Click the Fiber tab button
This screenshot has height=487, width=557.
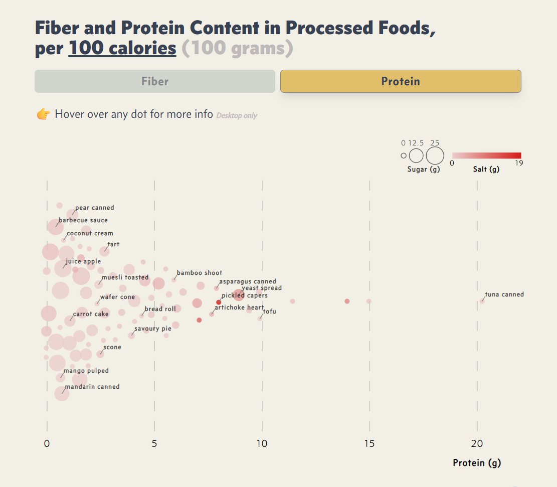[x=154, y=81]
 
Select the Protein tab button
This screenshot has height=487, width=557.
[x=400, y=81]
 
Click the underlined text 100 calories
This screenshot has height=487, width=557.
[x=122, y=48]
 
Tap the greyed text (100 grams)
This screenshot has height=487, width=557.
[x=237, y=48]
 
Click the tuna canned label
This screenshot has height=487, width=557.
[x=504, y=294]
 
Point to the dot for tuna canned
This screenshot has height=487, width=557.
[x=482, y=301]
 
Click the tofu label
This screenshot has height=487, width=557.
[x=269, y=311]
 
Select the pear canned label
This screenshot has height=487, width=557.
[x=95, y=208]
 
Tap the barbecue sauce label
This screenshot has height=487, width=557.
[x=83, y=220]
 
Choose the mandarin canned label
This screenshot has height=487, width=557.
[x=92, y=387]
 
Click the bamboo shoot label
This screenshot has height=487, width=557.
[x=200, y=273]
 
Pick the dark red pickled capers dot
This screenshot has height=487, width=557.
[x=219, y=302]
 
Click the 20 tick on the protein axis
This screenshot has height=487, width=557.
[x=477, y=444]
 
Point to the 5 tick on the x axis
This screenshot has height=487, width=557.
[x=154, y=444]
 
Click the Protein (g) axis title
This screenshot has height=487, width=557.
[x=477, y=462]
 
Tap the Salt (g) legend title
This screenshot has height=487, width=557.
[x=486, y=169]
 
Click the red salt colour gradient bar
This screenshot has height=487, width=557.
[x=486, y=155]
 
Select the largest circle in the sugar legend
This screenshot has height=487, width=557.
[x=435, y=155]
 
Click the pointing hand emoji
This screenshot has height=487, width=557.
[x=44, y=114]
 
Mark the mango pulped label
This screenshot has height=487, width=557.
[x=86, y=371]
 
